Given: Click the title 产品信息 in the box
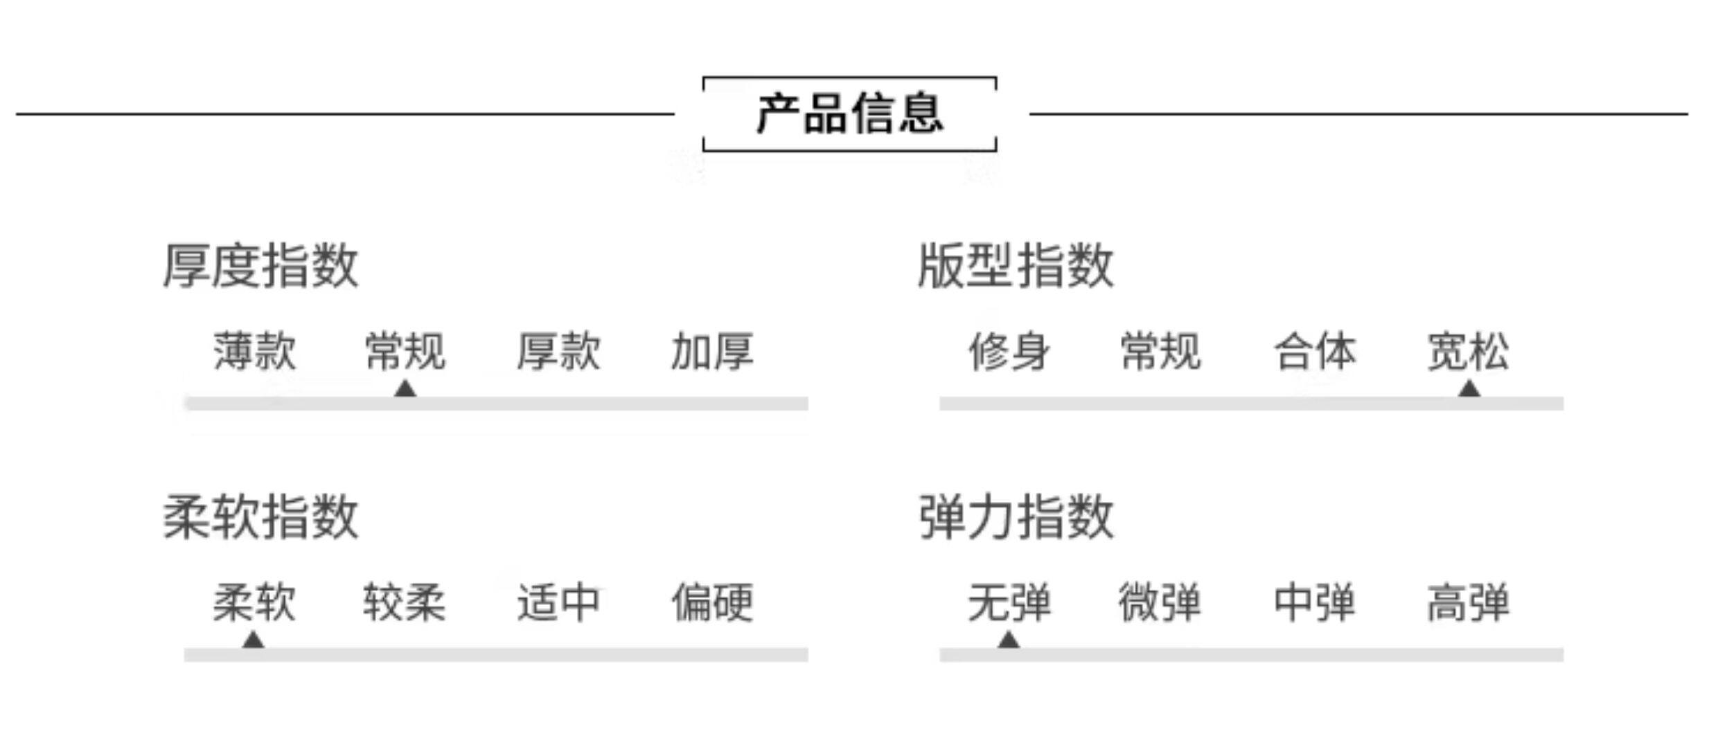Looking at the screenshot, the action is (x=849, y=114).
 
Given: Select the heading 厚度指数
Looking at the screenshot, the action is (x=260, y=266).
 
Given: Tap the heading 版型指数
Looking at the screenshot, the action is (x=1016, y=266).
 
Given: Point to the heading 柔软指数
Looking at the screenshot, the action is (x=260, y=517).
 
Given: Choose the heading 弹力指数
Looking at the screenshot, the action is (x=1016, y=517).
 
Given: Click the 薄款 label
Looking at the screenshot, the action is (x=254, y=352).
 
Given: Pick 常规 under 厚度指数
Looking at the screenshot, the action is (x=405, y=352).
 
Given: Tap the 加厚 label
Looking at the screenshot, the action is (x=712, y=352).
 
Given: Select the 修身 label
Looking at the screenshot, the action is (x=1009, y=352).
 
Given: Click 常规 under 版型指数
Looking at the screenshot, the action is (x=1161, y=352).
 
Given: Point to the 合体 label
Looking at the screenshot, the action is (x=1315, y=352).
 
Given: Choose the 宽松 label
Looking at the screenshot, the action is (x=1469, y=352).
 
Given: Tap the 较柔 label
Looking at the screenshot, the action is (x=405, y=603).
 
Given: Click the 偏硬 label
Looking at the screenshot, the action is (x=712, y=603).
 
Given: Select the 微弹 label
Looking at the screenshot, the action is (x=1160, y=603).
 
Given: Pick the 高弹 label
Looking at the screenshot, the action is (x=1469, y=603).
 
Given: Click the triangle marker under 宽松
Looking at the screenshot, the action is (x=1469, y=390).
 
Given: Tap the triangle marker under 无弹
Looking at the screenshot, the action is (x=1009, y=640).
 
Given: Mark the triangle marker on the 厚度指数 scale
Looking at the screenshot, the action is (x=405, y=390).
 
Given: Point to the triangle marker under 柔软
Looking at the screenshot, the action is (x=254, y=640).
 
